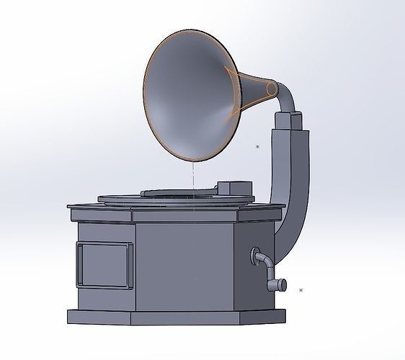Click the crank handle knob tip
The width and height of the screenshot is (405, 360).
point(282,285)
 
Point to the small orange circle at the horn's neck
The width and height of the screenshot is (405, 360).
point(272,89)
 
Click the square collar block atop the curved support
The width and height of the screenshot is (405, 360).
point(290,120)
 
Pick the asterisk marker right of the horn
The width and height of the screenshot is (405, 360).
point(257,147)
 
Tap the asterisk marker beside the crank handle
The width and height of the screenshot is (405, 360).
point(301,290)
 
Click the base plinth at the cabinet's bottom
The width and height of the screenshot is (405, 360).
point(173,317)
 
